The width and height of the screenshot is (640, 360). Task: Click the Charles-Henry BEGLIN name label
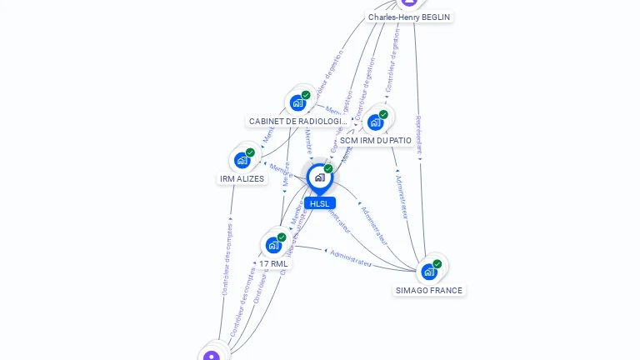click(x=409, y=17)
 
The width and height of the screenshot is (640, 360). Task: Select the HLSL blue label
click(x=319, y=203)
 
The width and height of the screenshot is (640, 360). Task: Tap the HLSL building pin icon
click(x=319, y=177)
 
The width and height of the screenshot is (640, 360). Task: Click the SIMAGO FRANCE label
click(x=429, y=291)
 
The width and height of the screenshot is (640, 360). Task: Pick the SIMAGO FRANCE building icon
click(x=428, y=271)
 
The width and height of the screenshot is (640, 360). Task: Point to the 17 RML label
click(x=273, y=264)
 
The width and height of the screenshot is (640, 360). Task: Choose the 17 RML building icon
click(x=273, y=245)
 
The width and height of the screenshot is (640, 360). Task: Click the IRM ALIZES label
click(x=242, y=179)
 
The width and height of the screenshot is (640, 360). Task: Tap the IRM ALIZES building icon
click(x=242, y=159)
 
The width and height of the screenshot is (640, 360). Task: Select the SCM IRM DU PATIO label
click(x=376, y=141)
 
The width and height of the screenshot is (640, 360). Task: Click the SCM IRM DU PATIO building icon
click(x=375, y=122)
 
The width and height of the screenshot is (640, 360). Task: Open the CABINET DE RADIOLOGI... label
click(x=297, y=122)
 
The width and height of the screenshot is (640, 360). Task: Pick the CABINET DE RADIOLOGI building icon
click(x=297, y=102)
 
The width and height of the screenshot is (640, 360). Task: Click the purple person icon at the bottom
click(x=212, y=356)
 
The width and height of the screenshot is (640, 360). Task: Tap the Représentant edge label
click(x=419, y=137)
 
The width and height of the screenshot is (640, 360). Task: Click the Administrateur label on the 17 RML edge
click(x=351, y=257)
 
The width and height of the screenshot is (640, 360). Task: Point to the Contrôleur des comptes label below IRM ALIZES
click(x=227, y=259)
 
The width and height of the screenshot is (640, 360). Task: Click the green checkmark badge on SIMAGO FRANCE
click(x=437, y=263)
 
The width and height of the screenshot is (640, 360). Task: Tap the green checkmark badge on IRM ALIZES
click(x=250, y=152)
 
